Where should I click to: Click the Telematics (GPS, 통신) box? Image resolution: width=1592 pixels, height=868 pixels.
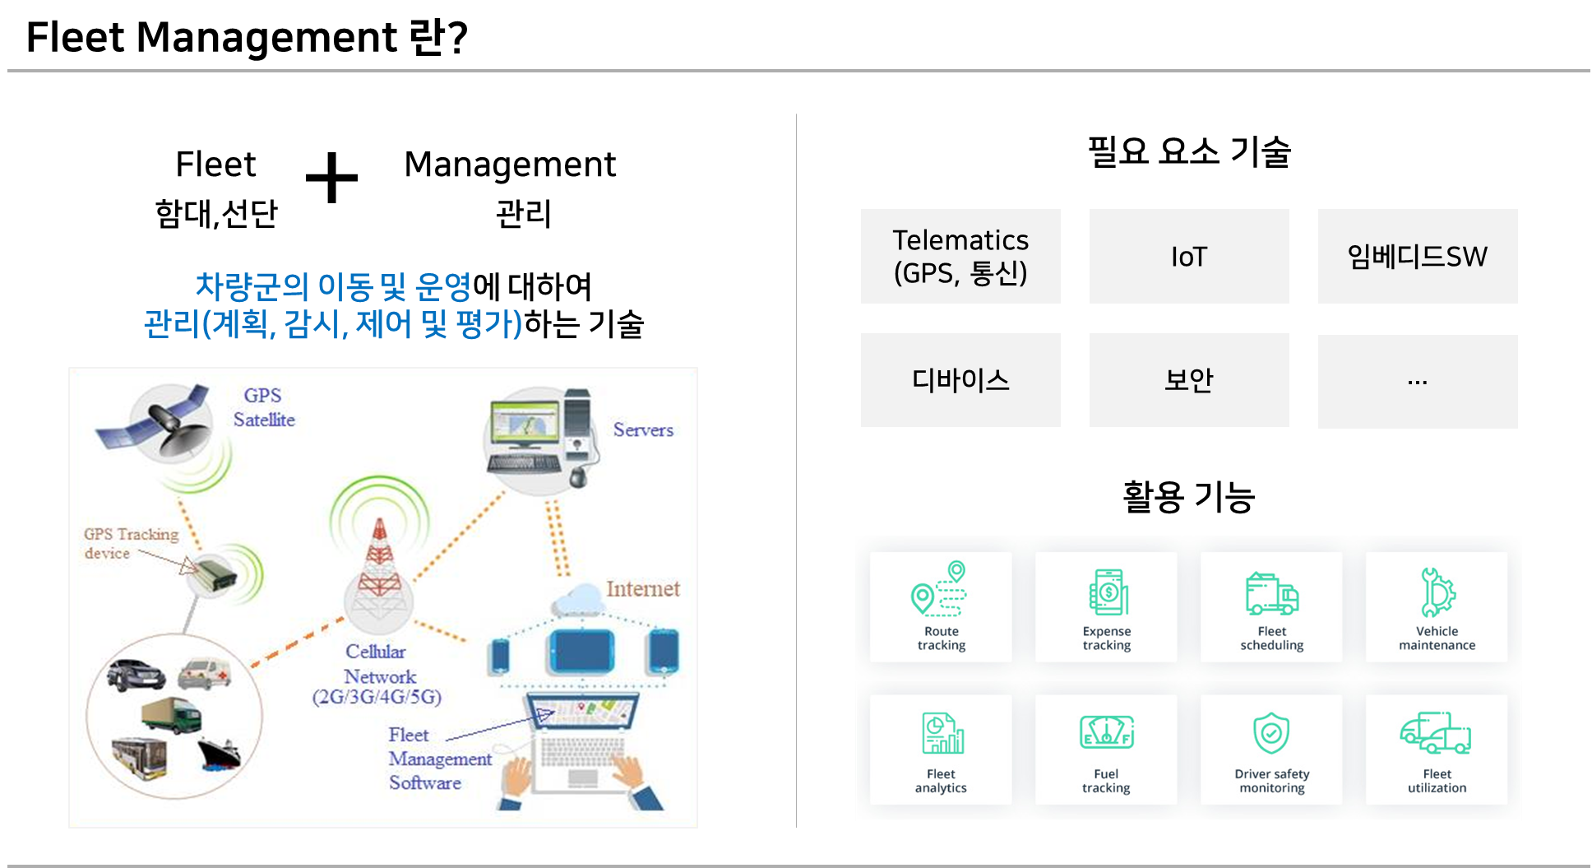pyautogui.click(x=960, y=256)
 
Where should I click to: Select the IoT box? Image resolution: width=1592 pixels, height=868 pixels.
pyautogui.click(x=1189, y=256)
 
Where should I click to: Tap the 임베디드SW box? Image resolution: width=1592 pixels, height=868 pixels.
pyautogui.click(x=1418, y=256)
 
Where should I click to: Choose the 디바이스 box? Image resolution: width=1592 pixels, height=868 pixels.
pyautogui.click(x=960, y=380)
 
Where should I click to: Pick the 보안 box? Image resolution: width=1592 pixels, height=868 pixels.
pyautogui.click(x=1189, y=380)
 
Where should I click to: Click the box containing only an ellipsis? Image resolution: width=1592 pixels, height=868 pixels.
pyautogui.click(x=1418, y=381)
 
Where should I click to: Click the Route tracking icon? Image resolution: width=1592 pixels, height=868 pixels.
pyautogui.click(x=940, y=589)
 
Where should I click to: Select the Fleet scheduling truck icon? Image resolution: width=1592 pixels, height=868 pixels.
pyautogui.click(x=1272, y=594)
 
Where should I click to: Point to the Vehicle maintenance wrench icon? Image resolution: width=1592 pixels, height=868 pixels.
pyautogui.click(x=1437, y=592)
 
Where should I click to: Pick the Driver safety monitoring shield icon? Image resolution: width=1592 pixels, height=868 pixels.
pyautogui.click(x=1271, y=733)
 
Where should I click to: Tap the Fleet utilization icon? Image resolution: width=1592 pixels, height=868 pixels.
pyautogui.click(x=1436, y=733)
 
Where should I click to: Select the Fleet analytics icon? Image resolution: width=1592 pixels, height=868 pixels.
pyautogui.click(x=942, y=733)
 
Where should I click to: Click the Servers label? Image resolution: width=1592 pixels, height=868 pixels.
pyautogui.click(x=643, y=429)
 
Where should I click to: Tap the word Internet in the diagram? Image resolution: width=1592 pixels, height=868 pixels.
pyautogui.click(x=643, y=589)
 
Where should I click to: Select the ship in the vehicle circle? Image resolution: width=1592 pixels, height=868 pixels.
pyautogui.click(x=219, y=754)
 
